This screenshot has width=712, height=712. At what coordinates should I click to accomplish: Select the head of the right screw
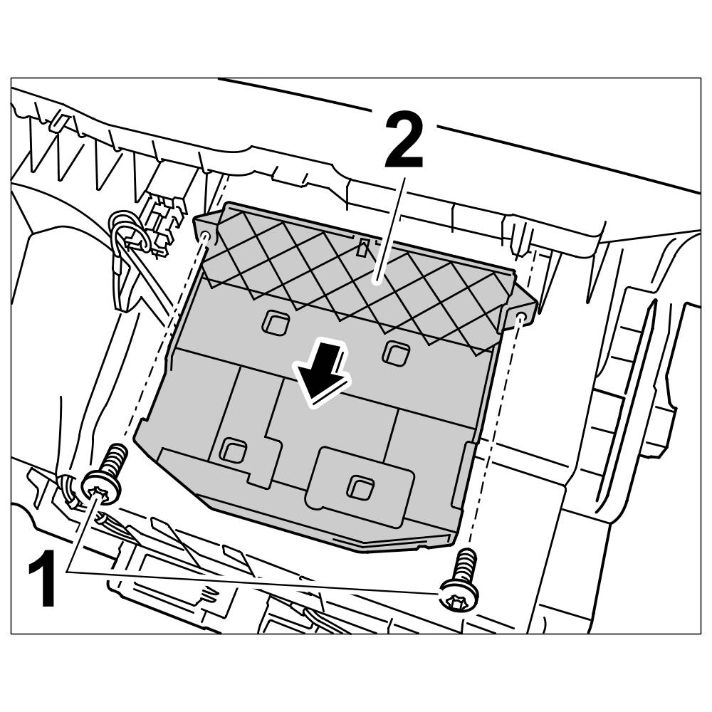pos(459,594)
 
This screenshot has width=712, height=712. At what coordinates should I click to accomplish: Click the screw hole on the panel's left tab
pos(206,236)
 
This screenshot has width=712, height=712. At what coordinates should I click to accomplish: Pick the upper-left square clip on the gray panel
pos(274,323)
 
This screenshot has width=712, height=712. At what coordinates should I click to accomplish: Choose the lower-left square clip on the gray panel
pos(232,450)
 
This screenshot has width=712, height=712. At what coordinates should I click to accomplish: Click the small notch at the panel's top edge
pos(363,247)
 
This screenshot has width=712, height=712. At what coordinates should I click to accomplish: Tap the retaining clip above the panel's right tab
pos(518,235)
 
